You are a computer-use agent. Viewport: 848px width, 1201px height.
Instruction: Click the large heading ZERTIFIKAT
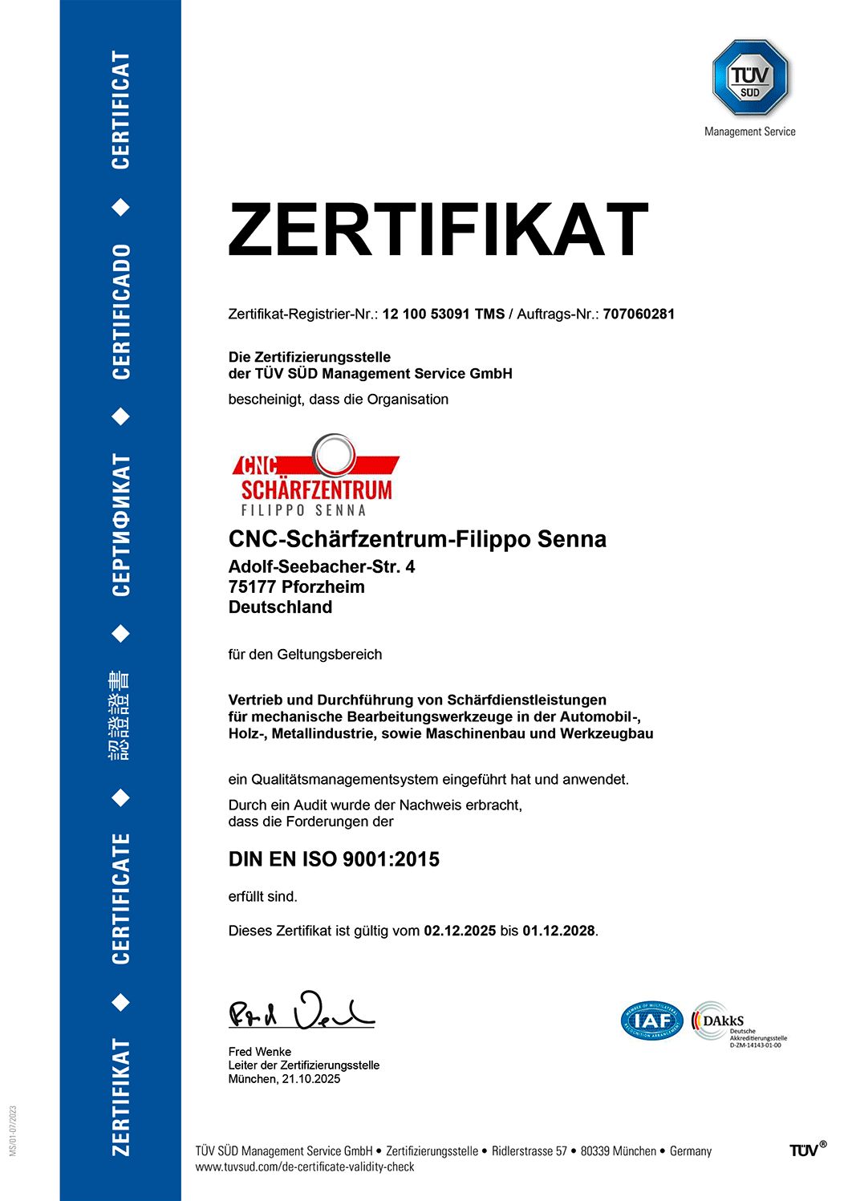click(x=438, y=229)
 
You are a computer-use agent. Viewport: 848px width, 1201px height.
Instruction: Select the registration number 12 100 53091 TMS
click(x=443, y=314)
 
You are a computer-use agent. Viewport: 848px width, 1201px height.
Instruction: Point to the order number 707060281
click(x=639, y=314)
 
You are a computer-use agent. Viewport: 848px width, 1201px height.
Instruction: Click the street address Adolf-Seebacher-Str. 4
click(x=322, y=567)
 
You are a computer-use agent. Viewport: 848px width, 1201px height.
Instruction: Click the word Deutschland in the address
click(x=280, y=607)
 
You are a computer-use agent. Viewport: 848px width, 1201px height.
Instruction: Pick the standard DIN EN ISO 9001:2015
click(x=334, y=859)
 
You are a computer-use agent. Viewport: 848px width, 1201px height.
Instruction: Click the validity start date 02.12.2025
click(x=460, y=931)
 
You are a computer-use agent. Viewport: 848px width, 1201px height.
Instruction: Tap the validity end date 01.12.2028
click(x=558, y=931)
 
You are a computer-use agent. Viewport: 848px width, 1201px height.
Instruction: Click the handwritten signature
click(x=301, y=1012)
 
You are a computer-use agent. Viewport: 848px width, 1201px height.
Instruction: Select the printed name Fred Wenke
click(x=260, y=1052)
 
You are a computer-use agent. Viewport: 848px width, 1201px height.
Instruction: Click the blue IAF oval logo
click(x=652, y=1021)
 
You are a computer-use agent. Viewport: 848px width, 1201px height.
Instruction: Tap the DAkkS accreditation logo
click(x=738, y=1024)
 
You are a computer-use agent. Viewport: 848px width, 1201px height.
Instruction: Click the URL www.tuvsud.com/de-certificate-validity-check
click(x=305, y=1167)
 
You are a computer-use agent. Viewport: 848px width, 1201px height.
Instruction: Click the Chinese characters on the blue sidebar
click(x=120, y=715)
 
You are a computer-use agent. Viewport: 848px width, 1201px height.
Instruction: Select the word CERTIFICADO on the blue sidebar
click(x=120, y=312)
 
